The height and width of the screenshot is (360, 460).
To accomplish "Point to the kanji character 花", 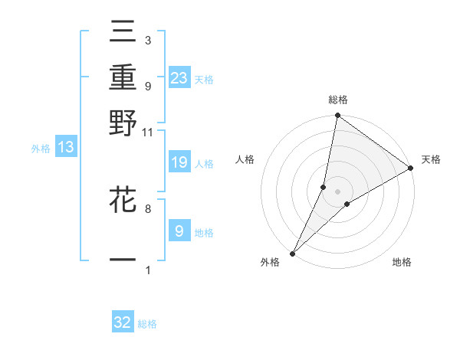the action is click(x=123, y=201).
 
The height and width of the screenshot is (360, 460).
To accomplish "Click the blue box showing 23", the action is click(x=179, y=77).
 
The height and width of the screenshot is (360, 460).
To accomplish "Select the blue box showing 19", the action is click(x=179, y=162).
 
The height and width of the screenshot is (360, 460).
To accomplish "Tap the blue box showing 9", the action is click(x=179, y=231).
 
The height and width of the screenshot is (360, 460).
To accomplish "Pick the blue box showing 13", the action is click(x=66, y=148).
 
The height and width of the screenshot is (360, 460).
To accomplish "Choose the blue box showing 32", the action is click(x=123, y=322).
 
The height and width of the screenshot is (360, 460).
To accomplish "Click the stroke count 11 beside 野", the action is click(x=148, y=132).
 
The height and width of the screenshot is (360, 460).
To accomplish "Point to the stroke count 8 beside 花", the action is click(x=148, y=208).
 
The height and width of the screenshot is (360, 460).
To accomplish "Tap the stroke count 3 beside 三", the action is click(x=148, y=40).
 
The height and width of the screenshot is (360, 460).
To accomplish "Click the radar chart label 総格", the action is click(x=338, y=100).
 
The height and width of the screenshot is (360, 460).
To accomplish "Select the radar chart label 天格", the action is click(x=431, y=159).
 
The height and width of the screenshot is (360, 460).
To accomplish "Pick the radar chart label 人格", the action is click(x=245, y=159).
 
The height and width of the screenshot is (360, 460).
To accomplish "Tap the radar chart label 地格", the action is click(x=402, y=262).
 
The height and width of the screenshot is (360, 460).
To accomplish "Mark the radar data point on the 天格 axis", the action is click(x=411, y=169).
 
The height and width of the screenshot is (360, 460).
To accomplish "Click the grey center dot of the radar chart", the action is click(x=338, y=191).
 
